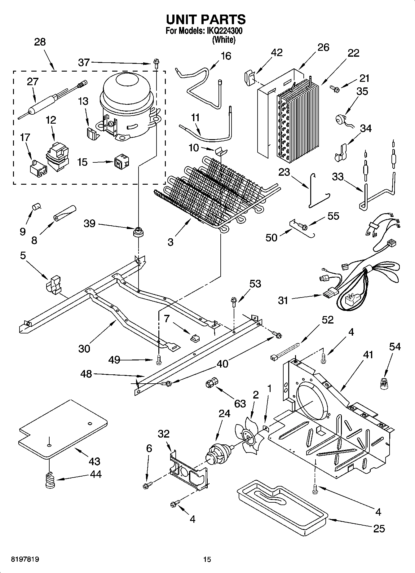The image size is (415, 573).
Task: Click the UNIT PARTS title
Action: coord(206,20)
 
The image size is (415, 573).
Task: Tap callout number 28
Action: coord(40,42)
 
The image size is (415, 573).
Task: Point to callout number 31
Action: coord(283,300)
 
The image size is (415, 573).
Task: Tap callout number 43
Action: coord(95,461)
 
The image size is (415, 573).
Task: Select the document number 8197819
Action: coord(25,559)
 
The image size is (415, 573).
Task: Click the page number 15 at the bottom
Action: coord(207,559)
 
